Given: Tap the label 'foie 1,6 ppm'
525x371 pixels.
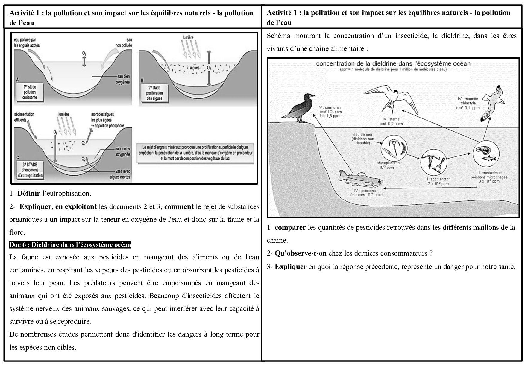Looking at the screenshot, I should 330,116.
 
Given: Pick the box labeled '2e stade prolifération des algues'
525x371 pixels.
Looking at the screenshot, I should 155,93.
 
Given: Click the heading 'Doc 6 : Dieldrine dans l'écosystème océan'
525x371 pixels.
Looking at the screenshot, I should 70,245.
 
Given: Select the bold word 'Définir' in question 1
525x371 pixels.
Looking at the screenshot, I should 28,193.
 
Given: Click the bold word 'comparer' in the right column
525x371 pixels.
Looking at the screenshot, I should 290,227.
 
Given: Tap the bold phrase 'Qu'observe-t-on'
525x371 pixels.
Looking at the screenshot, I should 300,253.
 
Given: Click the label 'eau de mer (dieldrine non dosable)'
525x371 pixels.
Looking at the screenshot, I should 363,139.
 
